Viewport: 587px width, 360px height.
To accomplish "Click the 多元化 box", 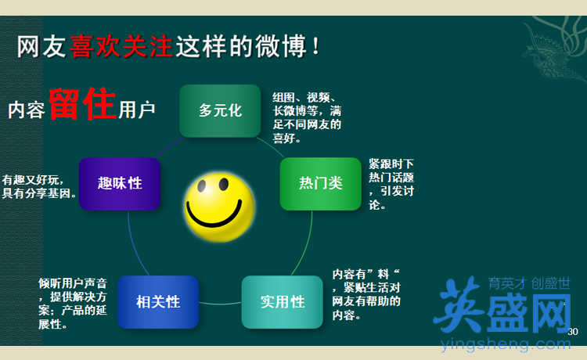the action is click(x=220, y=111).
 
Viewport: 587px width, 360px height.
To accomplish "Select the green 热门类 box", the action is click(x=321, y=184).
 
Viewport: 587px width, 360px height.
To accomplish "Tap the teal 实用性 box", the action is click(x=283, y=302).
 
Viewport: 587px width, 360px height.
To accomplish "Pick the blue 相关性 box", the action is click(x=158, y=302).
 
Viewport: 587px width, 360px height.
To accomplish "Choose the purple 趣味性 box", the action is click(x=120, y=184).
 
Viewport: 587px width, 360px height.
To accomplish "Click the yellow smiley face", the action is click(x=219, y=207).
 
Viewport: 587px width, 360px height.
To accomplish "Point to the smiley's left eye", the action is click(x=202, y=185).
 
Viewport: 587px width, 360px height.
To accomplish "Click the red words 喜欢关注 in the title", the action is click(x=121, y=46).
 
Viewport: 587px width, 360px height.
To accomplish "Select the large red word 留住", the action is click(x=82, y=103).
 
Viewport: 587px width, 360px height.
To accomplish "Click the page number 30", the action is click(x=573, y=332).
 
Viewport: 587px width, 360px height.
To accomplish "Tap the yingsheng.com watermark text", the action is click(x=506, y=344).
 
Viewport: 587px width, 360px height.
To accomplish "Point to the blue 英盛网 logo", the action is click(x=502, y=305).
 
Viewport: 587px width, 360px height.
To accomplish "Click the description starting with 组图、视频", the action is click(x=307, y=118).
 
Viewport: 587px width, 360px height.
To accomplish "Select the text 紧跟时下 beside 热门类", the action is click(x=391, y=164).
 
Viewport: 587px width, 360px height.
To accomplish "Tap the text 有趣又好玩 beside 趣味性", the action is click(x=33, y=180).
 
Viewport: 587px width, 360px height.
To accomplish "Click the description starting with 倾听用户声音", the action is click(x=73, y=304).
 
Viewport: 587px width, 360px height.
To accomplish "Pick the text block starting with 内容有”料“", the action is click(x=366, y=294).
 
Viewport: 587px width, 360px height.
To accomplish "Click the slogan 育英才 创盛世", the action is click(x=529, y=283).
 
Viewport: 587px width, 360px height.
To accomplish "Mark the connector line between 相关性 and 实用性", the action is click(x=220, y=304).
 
